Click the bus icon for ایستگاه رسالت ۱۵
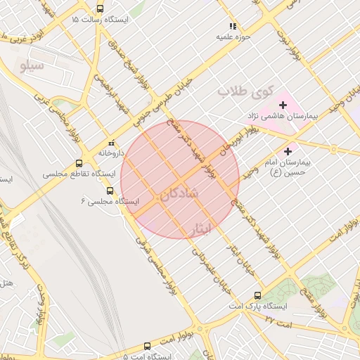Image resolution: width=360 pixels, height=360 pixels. (100, 10)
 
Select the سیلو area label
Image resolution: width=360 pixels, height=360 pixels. (33, 67)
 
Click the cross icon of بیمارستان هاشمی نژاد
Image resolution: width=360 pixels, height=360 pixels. (283, 105)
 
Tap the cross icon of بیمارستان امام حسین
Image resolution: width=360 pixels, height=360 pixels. (288, 151)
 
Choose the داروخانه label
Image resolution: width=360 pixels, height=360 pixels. (111, 152)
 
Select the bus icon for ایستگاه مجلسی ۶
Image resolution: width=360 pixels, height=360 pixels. (109, 191)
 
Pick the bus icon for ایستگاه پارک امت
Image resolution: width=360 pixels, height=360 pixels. (257, 296)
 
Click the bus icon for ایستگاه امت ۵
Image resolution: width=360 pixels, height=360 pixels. (147, 346)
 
